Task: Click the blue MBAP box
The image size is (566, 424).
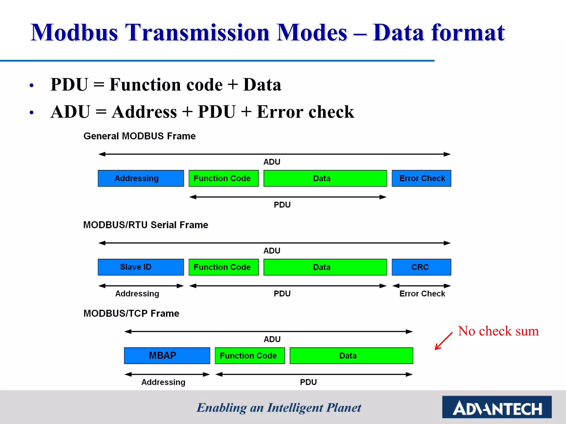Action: point(167,356)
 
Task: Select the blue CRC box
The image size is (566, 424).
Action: point(421,267)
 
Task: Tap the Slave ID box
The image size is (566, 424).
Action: point(141,267)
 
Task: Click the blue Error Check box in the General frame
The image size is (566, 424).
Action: point(421,178)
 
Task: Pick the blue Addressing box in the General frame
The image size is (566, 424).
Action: point(141,178)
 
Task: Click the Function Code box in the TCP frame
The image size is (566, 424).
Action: point(250,356)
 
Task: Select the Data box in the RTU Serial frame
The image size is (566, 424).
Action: point(325,267)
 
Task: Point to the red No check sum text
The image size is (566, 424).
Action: point(498,331)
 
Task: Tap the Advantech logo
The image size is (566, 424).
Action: point(497,407)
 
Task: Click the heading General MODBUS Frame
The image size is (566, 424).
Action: point(140,136)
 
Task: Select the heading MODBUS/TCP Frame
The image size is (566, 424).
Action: point(131,313)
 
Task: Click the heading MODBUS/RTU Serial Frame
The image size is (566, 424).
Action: point(146,225)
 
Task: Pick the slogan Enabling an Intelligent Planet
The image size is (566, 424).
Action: point(279,408)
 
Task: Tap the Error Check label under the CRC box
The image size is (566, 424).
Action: point(422,293)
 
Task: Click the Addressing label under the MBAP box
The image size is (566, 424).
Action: point(163,382)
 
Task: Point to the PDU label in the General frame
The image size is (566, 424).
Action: point(282,205)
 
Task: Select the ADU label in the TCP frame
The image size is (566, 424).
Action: point(272,339)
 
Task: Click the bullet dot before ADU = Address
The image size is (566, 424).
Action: point(32,113)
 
